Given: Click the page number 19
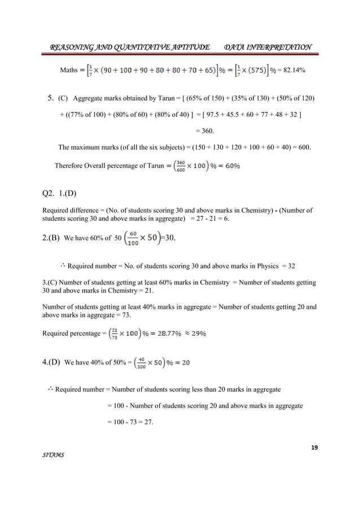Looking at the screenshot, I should point(314,447).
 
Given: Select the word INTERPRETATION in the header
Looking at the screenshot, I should point(279,46).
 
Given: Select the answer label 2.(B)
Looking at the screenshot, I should point(52,238).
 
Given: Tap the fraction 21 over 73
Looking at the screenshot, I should point(115,334).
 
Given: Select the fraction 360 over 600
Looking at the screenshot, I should point(177,165).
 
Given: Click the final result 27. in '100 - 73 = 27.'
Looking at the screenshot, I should point(151,422).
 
